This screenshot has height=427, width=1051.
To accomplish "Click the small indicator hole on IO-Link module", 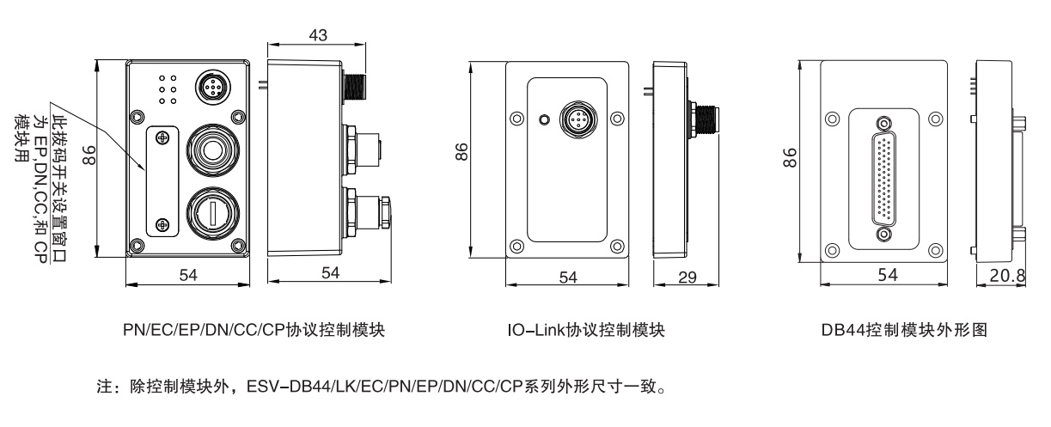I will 542,119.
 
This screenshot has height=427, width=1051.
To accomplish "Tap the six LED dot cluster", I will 168,88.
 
